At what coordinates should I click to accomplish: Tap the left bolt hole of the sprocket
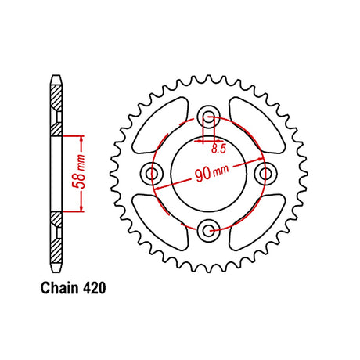(152, 173)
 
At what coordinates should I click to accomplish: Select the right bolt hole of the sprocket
(265, 173)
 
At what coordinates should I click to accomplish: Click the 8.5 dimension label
(218, 149)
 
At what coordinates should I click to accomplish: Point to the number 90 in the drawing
(203, 175)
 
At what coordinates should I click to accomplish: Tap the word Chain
(59, 288)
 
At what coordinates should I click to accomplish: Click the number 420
(94, 288)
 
